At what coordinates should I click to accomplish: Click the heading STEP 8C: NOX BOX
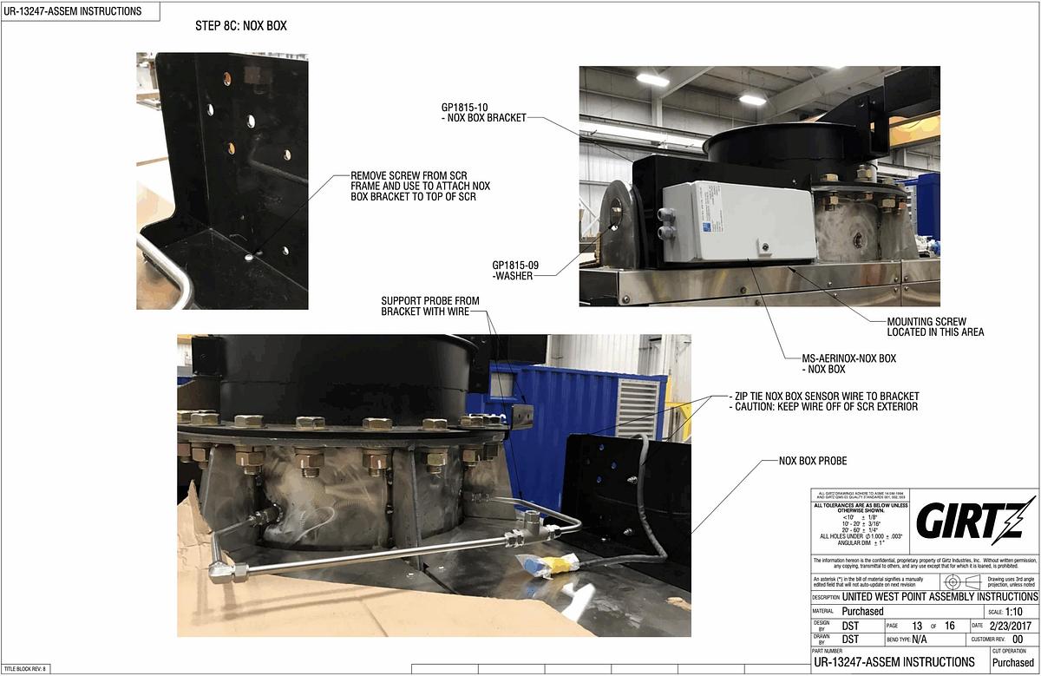(241, 26)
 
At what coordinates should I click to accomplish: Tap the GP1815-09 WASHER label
(512, 270)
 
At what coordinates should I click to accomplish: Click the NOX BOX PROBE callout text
(812, 461)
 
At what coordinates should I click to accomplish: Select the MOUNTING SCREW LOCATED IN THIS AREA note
(935, 326)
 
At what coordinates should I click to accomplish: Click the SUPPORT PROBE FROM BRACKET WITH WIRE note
(429, 306)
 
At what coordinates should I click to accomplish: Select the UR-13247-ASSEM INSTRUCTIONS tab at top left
(69, 11)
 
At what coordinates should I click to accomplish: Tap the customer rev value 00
(1018, 639)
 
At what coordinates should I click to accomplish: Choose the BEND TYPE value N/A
(920, 639)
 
